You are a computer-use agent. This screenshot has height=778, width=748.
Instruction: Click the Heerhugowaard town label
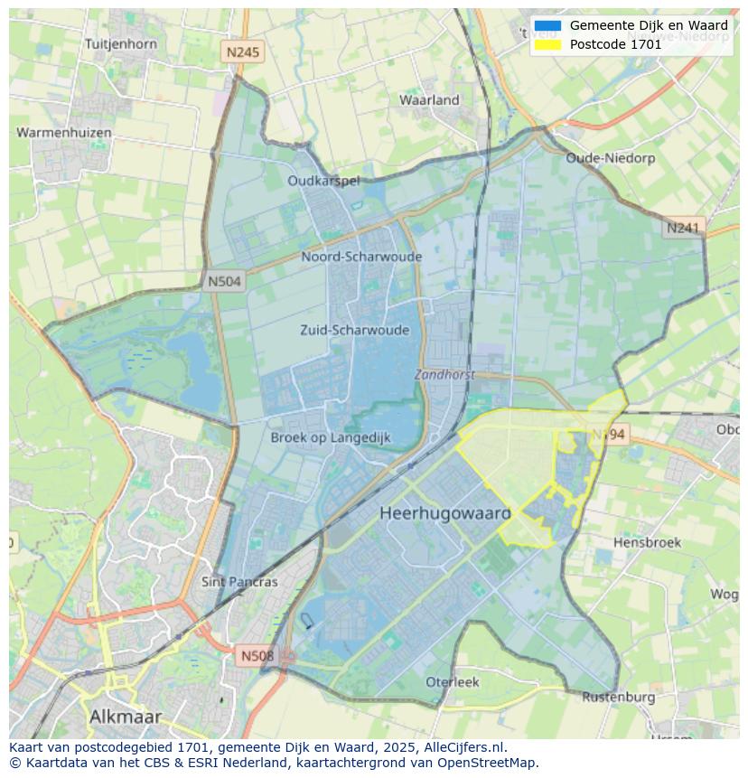(x=444, y=513)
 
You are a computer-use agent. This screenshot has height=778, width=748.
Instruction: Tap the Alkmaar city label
(x=126, y=717)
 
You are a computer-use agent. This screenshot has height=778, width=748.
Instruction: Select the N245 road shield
(x=242, y=52)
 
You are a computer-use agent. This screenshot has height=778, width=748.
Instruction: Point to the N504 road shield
(x=224, y=281)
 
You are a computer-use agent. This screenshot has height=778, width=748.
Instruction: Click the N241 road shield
(x=683, y=228)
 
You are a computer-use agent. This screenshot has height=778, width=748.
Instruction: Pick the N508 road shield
(x=257, y=655)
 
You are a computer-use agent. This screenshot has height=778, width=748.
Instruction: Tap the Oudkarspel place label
(x=323, y=181)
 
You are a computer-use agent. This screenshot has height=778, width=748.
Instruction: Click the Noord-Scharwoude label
(x=361, y=257)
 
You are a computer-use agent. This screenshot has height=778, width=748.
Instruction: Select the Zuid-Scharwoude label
(x=354, y=330)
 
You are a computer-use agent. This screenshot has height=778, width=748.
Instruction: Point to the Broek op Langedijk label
(x=331, y=437)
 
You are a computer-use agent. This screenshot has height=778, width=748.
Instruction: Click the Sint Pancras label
(x=239, y=582)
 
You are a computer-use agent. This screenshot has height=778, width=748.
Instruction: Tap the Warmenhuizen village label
(x=64, y=133)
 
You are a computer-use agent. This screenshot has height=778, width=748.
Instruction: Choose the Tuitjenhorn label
(x=120, y=43)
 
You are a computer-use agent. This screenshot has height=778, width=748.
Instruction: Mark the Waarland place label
(x=429, y=100)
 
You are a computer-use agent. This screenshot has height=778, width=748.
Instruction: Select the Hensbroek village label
(x=647, y=542)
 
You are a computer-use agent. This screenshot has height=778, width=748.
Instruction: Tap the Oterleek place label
(x=453, y=681)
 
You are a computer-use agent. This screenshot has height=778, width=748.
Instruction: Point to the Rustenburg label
(x=618, y=697)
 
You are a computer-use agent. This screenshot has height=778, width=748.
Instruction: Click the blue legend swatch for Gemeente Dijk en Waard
(x=547, y=26)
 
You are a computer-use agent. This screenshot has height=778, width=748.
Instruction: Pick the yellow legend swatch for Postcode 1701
(x=547, y=44)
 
